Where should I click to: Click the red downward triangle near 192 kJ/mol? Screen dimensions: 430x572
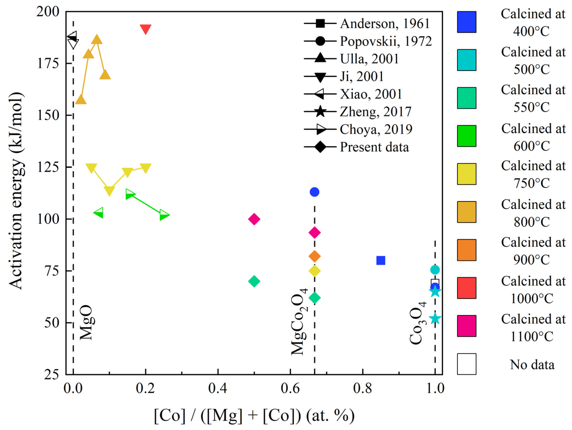click(x=145, y=29)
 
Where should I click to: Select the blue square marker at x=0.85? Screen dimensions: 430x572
click(x=381, y=260)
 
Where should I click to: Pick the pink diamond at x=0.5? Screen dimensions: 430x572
click(x=254, y=219)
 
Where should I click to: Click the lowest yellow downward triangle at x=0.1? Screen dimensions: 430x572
click(x=109, y=191)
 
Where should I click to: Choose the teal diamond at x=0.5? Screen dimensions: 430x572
click(x=254, y=281)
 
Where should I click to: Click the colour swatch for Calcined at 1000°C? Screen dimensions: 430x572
click(x=467, y=288)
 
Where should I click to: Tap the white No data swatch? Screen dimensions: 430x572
click(x=467, y=364)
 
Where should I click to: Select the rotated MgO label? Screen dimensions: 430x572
click(x=86, y=322)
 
